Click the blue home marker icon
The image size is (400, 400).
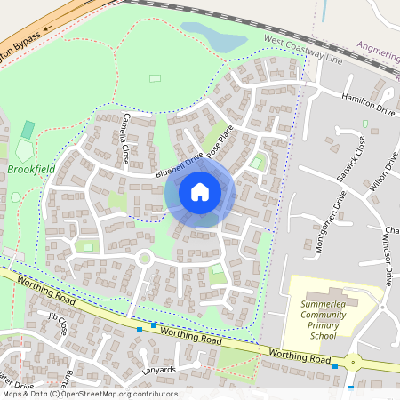click(x=200, y=191)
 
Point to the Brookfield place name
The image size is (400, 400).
click(x=31, y=167)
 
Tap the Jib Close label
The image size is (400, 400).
click(x=59, y=323)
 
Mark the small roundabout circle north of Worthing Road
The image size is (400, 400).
click(x=144, y=259)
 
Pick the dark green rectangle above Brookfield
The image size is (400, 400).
click(x=28, y=129)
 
